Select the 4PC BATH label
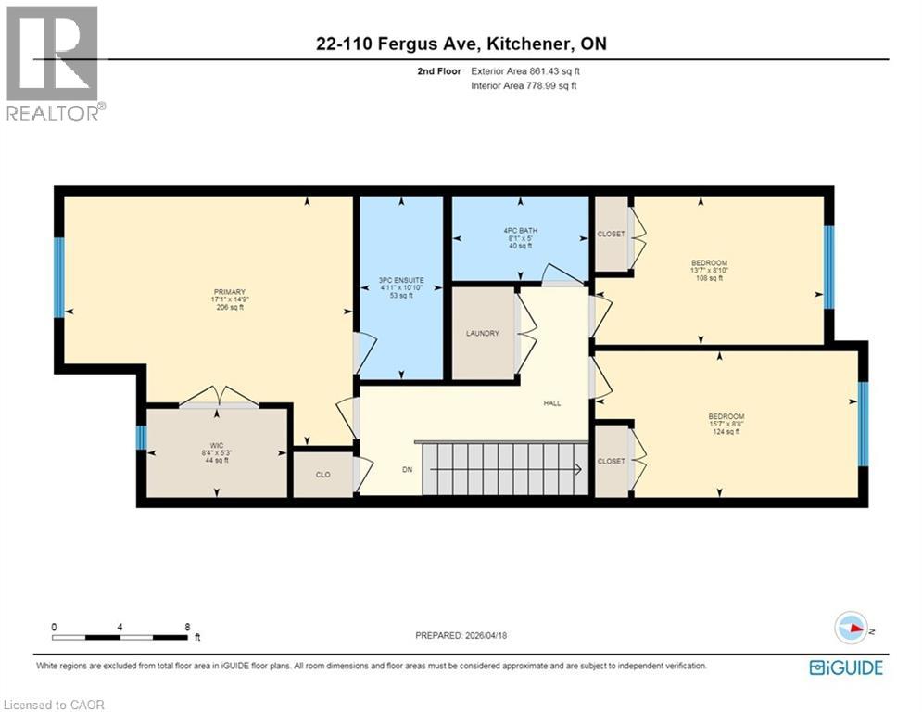(520, 230)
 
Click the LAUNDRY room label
(482, 334)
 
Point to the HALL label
(552, 402)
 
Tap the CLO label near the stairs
(322, 475)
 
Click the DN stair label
(406, 469)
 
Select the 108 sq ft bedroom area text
(709, 280)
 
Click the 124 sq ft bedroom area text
(726, 433)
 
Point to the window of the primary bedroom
(58, 277)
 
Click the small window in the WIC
(141, 438)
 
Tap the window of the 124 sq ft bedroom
(863, 424)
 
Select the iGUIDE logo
(845, 667)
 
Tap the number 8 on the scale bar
(188, 627)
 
